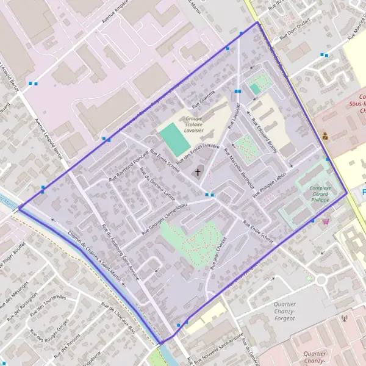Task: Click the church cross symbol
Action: [198, 173]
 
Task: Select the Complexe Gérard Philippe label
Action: [320, 195]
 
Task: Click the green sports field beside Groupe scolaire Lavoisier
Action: [174, 140]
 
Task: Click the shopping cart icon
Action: [326, 221]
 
